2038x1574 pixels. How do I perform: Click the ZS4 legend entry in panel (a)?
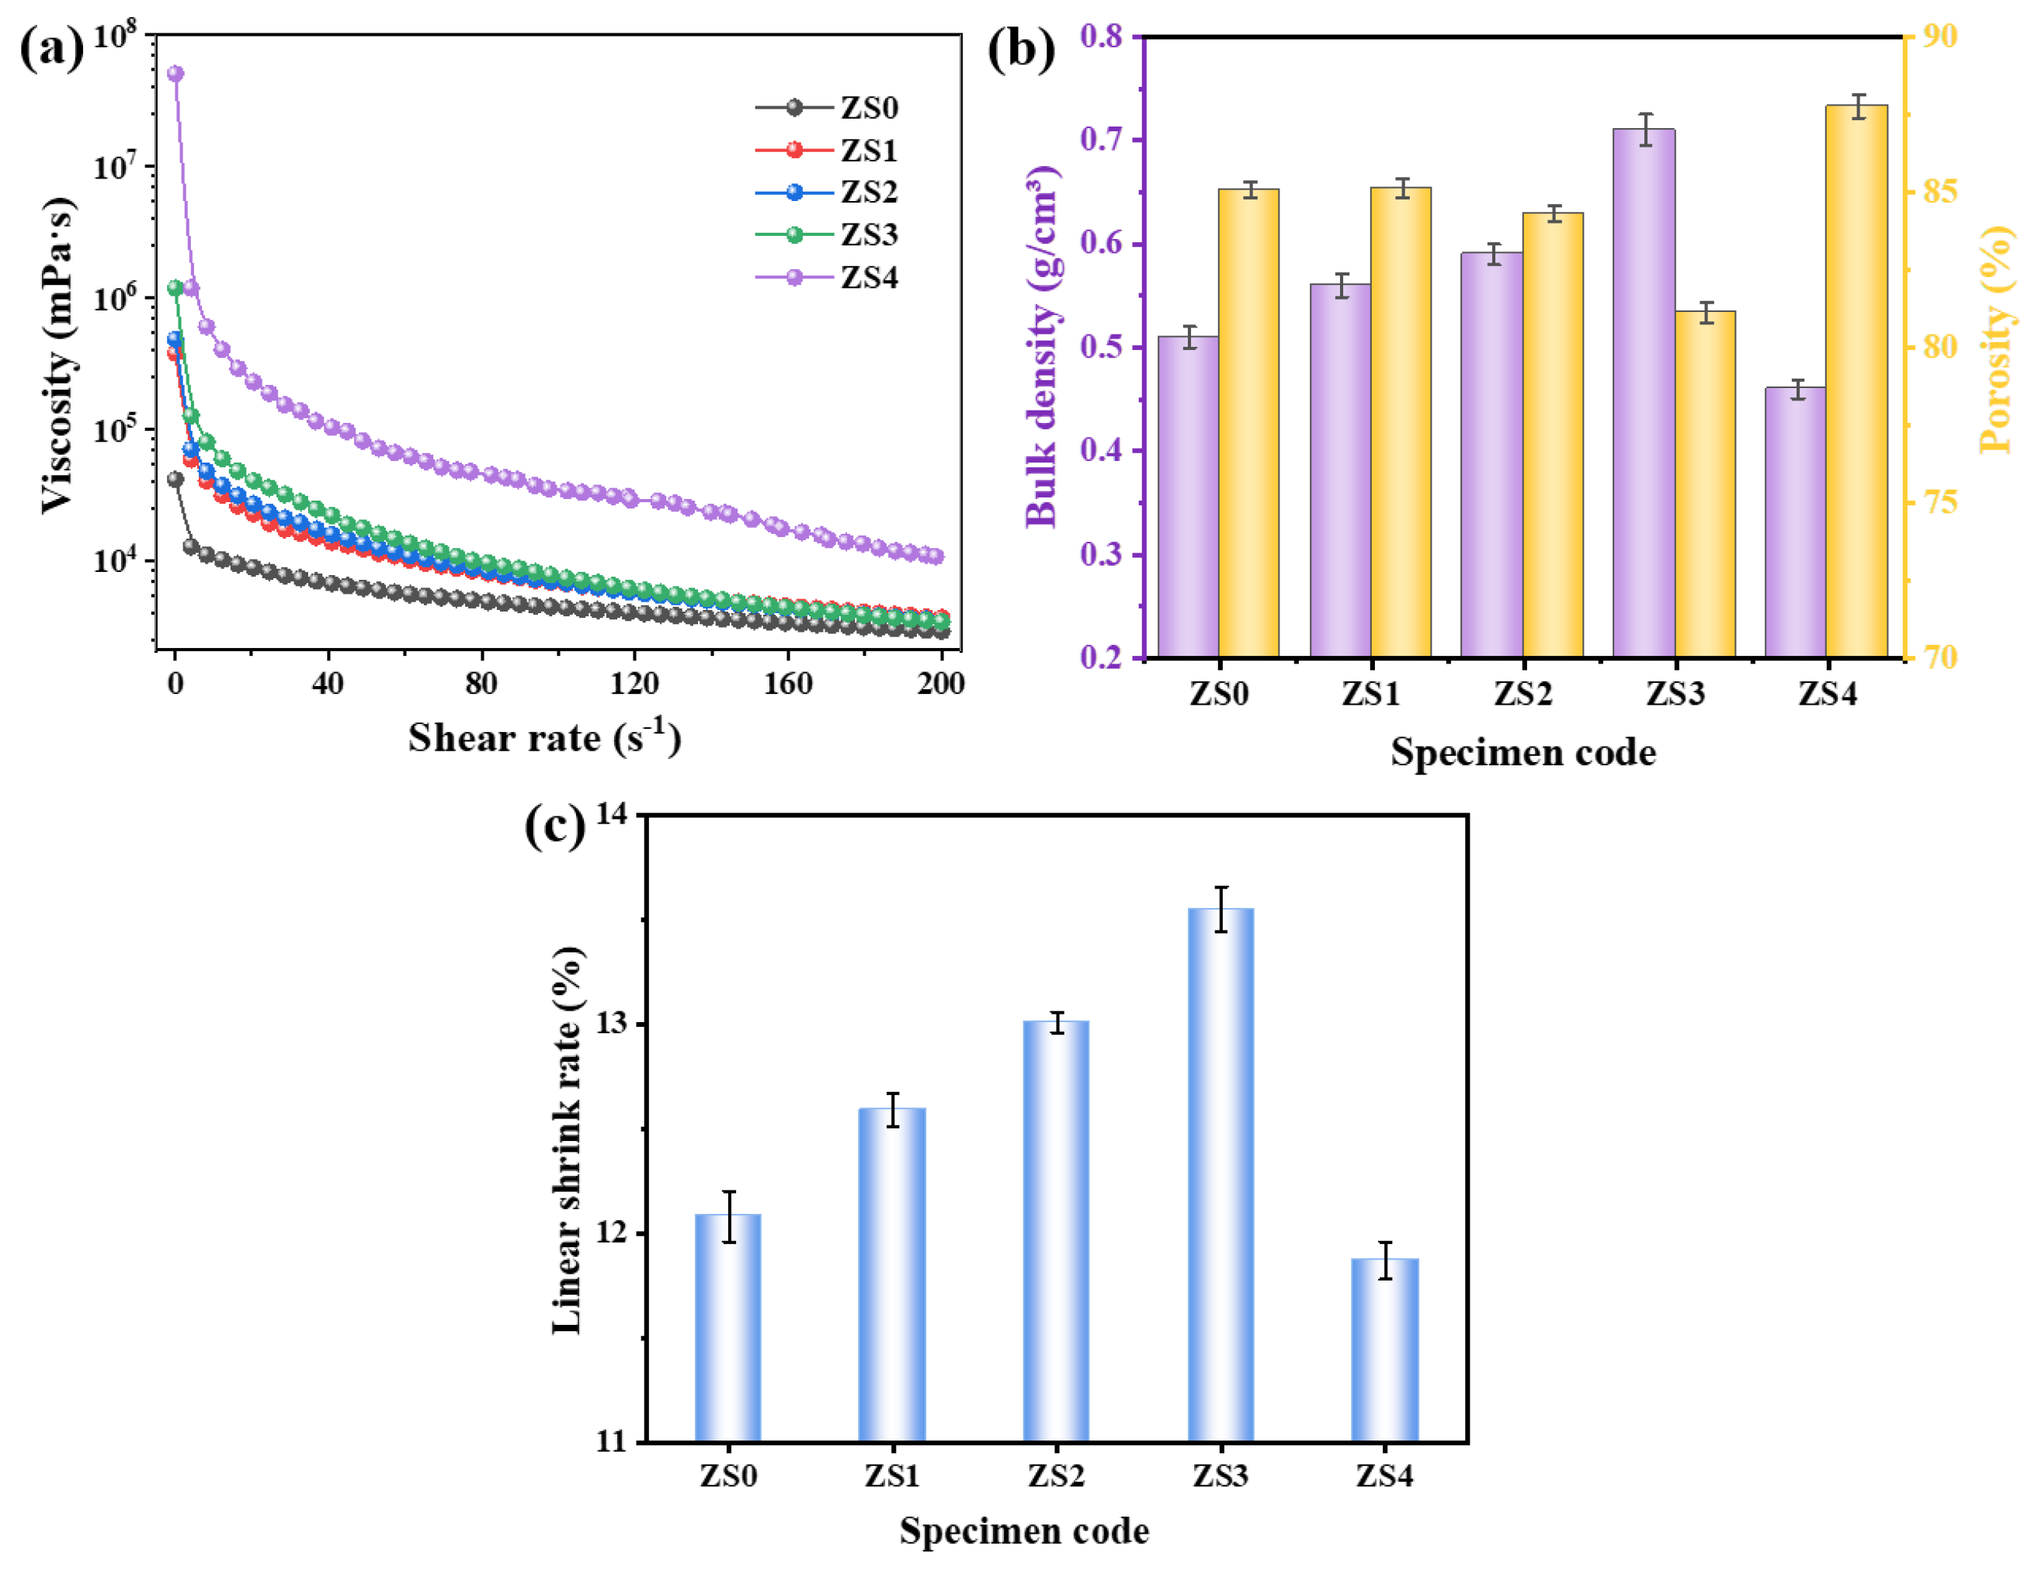pos(867,277)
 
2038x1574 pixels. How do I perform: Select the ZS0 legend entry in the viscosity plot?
pos(867,107)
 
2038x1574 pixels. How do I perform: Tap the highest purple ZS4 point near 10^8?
pos(175,74)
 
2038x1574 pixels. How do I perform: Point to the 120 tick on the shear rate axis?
pos(634,684)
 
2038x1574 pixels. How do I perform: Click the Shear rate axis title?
pos(544,738)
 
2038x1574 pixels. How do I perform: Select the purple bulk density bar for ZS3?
pos(1644,392)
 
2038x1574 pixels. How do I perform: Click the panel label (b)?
pos(1022,49)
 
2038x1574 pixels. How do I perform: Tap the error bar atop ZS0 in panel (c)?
pos(729,1215)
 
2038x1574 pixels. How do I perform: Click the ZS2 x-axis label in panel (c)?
pos(1057,1475)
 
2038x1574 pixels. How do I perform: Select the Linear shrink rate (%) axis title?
pos(567,1139)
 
